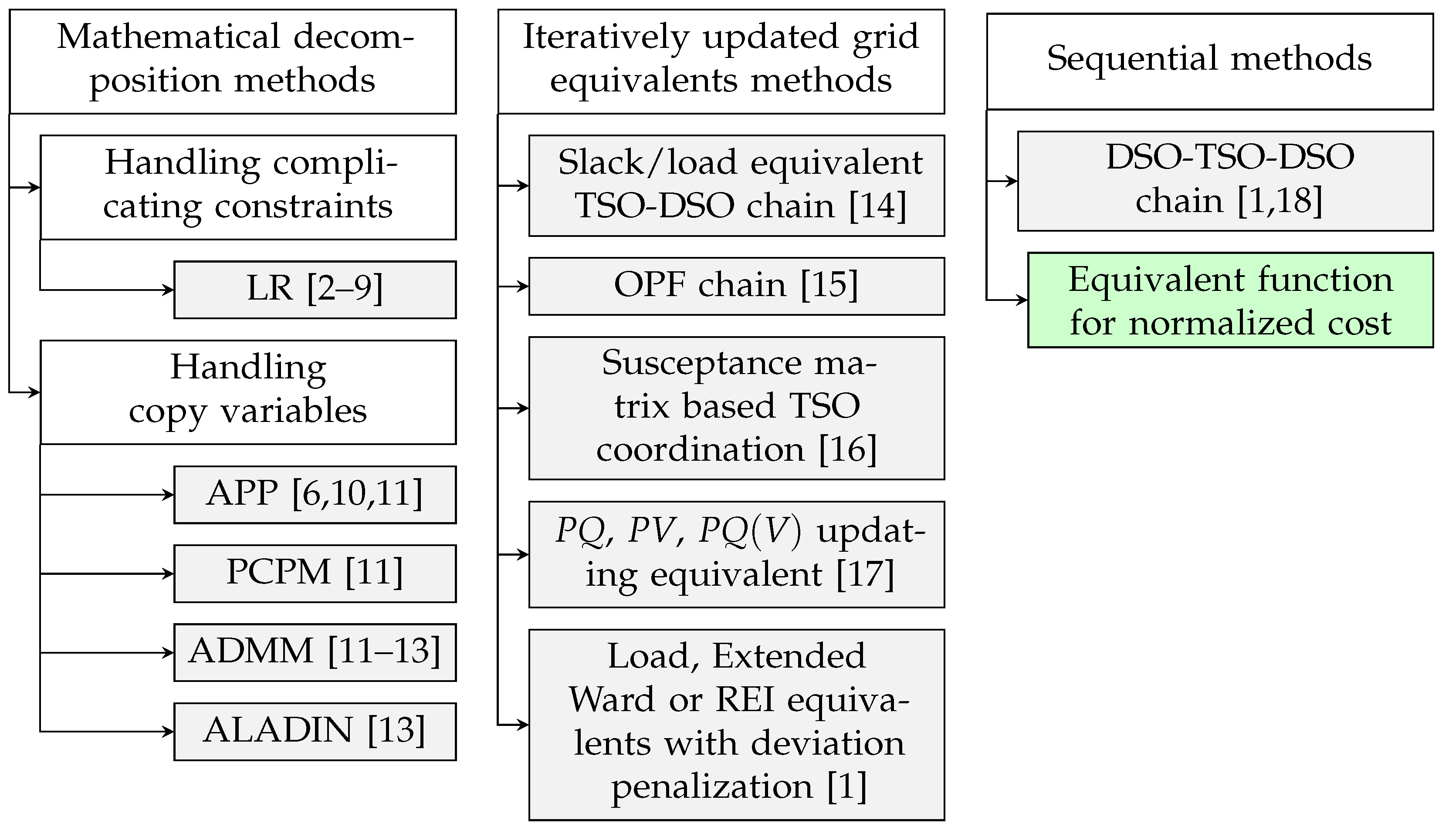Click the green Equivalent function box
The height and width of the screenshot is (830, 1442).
(1230, 300)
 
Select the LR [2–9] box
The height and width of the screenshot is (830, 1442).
(315, 290)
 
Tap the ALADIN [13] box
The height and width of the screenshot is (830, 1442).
(315, 732)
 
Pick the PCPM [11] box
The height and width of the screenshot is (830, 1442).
(315, 574)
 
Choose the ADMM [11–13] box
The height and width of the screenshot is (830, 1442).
(315, 652)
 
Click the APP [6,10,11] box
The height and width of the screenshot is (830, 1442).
(315, 494)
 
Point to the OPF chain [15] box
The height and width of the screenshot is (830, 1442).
(736, 286)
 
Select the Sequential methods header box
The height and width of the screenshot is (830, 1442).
(1209, 61)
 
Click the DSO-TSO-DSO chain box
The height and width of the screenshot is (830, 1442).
(1225, 181)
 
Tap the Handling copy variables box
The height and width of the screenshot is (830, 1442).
(248, 392)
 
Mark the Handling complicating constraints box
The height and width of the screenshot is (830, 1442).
(248, 187)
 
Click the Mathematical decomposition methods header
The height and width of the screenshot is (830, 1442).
(233, 61)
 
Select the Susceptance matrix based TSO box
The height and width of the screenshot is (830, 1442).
(736, 408)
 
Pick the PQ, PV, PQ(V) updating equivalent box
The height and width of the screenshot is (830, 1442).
(736, 554)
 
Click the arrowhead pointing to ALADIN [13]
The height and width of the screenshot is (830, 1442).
(169, 732)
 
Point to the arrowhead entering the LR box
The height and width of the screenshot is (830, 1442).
(169, 290)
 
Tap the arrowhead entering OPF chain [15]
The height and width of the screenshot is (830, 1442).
(524, 286)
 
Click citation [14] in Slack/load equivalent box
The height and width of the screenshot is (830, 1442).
(877, 206)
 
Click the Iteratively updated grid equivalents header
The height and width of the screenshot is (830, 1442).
(721, 61)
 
